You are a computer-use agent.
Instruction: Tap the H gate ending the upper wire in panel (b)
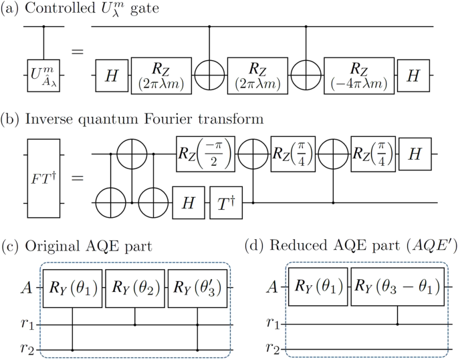click(415, 154)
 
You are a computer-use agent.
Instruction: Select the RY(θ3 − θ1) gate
click(398, 289)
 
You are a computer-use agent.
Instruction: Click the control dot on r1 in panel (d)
click(398, 325)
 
